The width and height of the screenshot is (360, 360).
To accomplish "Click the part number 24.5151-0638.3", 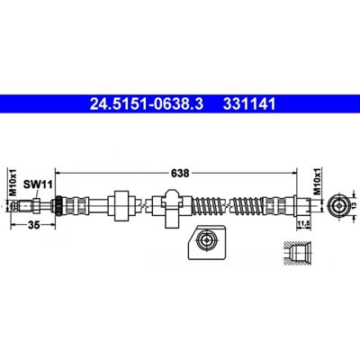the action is click(x=147, y=104).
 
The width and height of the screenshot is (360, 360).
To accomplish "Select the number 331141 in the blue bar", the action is click(x=248, y=104).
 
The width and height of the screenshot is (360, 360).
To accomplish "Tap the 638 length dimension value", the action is click(x=180, y=173).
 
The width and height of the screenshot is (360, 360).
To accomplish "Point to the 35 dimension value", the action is click(x=34, y=225).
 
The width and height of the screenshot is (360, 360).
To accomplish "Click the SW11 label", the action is click(x=38, y=184).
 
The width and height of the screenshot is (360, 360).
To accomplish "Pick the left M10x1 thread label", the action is click(x=13, y=182).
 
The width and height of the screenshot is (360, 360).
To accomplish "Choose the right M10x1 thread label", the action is click(x=318, y=182).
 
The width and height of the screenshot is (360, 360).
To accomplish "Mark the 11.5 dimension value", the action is click(x=302, y=223).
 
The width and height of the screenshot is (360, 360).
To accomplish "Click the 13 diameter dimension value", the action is click(x=354, y=206).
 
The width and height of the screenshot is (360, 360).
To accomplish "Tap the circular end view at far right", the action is click(x=338, y=206).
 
